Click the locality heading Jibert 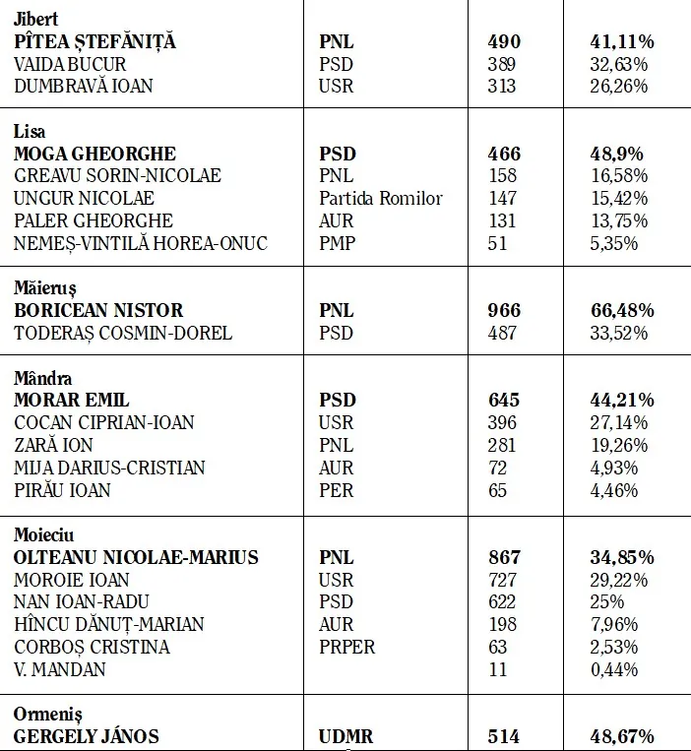tap(35, 19)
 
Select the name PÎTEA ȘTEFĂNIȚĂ tap(94, 41)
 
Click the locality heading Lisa tap(30, 132)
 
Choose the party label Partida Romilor tap(381, 199)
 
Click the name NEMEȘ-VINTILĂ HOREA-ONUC tap(141, 243)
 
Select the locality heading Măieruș tap(44, 288)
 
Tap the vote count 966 tap(505, 311)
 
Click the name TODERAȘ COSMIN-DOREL tap(123, 334)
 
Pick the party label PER tap(336, 490)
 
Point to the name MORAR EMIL tap(72, 401)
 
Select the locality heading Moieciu tap(44, 534)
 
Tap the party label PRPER tap(346, 647)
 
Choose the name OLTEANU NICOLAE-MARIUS tap(136, 557)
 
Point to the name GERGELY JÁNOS tap(87, 736)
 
